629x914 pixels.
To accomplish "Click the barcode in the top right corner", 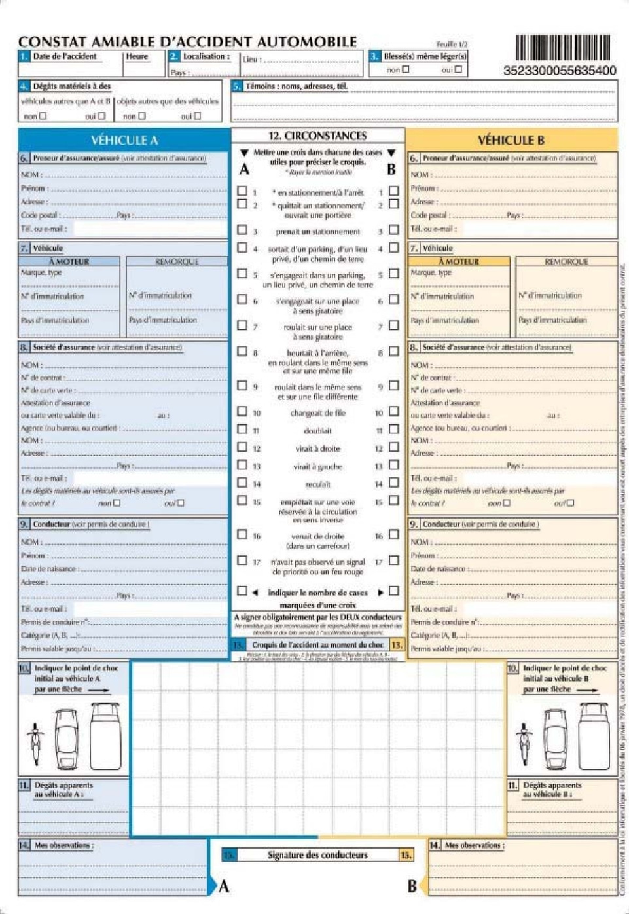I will [563, 48].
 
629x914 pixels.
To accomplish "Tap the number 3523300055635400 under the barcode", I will [560, 71].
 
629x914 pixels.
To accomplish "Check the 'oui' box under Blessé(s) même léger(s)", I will [458, 69].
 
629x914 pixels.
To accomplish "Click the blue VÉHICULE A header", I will [124, 139].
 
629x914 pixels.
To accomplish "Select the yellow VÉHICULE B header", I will [511, 140].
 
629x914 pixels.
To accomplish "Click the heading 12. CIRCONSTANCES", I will [317, 136].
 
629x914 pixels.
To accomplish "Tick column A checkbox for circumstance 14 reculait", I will [242, 483].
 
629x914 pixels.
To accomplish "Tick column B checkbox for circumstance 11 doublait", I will [394, 430].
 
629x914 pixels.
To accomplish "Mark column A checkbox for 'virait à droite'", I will [242, 448].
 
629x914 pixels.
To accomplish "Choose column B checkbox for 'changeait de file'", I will [394, 412].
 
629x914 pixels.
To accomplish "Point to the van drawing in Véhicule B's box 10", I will [594, 737].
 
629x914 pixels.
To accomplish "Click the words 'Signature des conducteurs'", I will [317, 855].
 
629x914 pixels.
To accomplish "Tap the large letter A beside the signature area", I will [224, 886].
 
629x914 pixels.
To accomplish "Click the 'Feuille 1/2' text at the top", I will [452, 45].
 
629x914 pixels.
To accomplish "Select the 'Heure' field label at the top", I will [137, 56].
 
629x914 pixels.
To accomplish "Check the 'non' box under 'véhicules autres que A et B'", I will [43, 116].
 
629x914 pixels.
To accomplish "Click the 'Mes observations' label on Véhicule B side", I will [475, 845].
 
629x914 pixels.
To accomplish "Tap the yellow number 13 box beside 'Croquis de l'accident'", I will [397, 645].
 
